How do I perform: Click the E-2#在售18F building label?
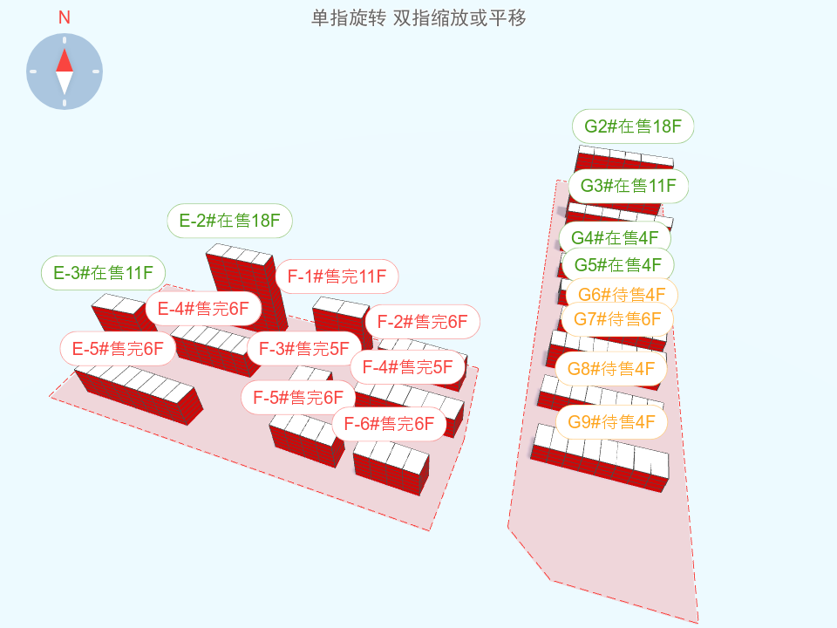230,222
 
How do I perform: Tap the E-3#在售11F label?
104,274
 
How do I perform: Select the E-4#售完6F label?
203,308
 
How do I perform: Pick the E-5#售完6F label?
118,349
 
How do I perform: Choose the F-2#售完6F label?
422,321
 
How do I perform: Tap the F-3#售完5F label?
303,349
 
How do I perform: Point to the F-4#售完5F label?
408,366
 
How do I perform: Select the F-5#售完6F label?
298,398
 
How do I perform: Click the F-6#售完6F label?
389,425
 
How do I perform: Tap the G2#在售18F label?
633,126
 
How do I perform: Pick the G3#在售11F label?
628,186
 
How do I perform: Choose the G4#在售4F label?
615,237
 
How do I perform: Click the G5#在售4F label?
617,264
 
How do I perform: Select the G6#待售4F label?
622,294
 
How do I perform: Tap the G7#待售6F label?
616,318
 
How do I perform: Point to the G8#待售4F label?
611,369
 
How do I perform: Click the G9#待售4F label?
611,422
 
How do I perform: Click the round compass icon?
65,72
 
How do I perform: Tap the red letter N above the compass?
65,17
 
